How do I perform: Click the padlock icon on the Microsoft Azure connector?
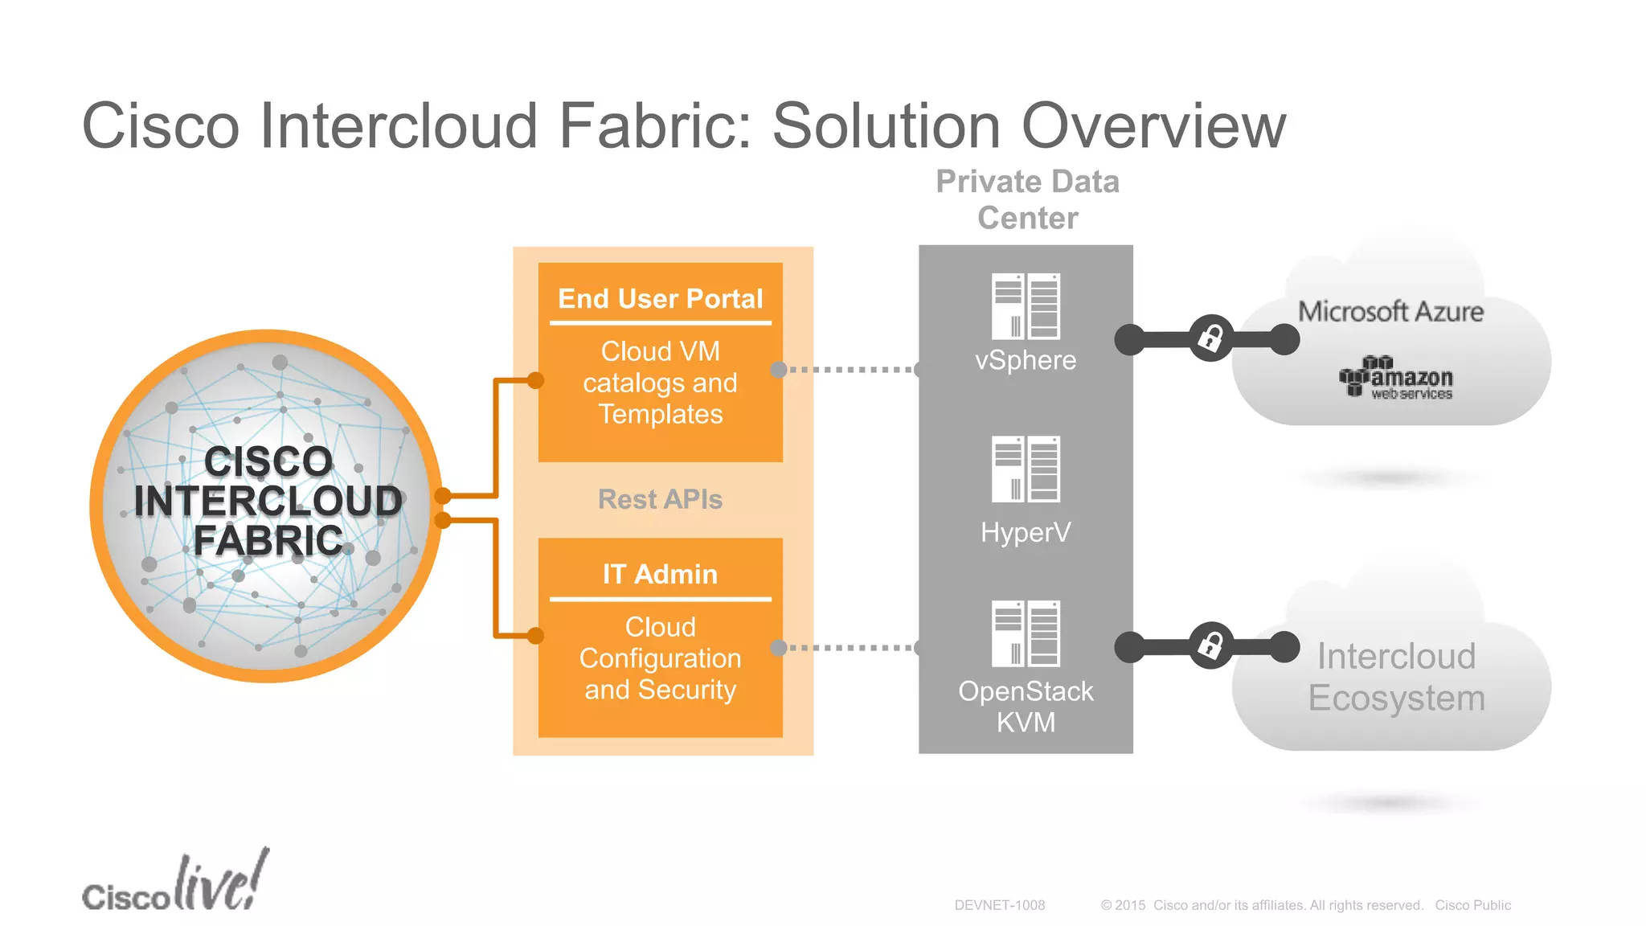pyautogui.click(x=1210, y=338)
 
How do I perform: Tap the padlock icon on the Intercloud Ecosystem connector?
pyautogui.click(x=1210, y=645)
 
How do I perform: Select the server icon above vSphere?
pyautogui.click(x=1026, y=306)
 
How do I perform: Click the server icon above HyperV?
pyautogui.click(x=1026, y=469)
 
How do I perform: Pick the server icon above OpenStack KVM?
pyautogui.click(x=1026, y=633)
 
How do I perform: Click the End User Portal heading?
pyautogui.click(x=660, y=299)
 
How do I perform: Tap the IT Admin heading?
pyautogui.click(x=660, y=574)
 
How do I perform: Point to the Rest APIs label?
pyautogui.click(x=660, y=499)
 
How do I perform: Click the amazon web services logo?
pyautogui.click(x=1396, y=378)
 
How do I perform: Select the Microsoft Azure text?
pyautogui.click(x=1390, y=312)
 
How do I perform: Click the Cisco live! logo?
pyautogui.click(x=175, y=883)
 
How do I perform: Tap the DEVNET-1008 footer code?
pyautogui.click(x=999, y=905)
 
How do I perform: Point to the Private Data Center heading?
pyautogui.click(x=1027, y=199)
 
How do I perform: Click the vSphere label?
pyautogui.click(x=1026, y=360)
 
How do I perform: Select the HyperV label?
pyautogui.click(x=1026, y=532)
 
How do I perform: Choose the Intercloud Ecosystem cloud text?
pyautogui.click(x=1396, y=677)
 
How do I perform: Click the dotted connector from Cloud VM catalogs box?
pyautogui.click(x=850, y=370)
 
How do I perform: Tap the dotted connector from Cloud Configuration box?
pyautogui.click(x=850, y=647)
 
